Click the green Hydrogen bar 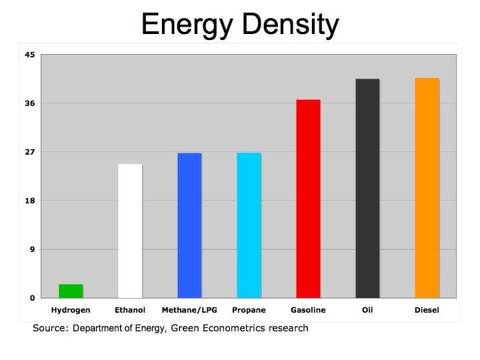coord(71,291)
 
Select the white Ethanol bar coord(130,231)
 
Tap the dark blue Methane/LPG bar coord(189,225)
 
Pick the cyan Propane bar coord(249,225)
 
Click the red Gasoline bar coord(308,199)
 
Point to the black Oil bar coord(367,188)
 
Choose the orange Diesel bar coord(427,188)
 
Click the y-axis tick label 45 coord(29,55)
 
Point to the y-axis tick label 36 coord(29,103)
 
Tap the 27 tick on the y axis coord(29,152)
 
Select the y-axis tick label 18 coord(29,201)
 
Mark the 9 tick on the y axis coord(31,249)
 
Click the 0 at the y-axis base coord(31,298)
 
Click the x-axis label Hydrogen coord(71,310)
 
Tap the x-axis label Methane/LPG coord(189,310)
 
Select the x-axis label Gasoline coord(308,310)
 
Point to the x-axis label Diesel coord(427,310)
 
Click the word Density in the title coord(293,25)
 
